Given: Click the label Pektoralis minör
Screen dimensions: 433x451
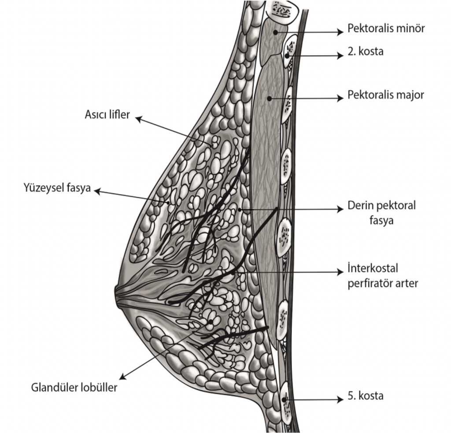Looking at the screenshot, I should click(386, 30).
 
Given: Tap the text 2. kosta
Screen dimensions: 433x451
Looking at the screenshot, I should click(366, 52).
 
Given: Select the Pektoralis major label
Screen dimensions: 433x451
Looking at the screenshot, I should click(386, 95).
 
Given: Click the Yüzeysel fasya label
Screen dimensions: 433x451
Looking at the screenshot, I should click(57, 189).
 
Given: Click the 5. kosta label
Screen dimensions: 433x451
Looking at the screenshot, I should click(366, 396).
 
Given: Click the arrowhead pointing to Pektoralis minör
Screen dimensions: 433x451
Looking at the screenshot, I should click(340, 32).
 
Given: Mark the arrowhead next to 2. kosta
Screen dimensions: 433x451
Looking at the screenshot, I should click(340, 56).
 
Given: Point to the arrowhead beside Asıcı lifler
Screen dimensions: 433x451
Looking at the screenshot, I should click(138, 118).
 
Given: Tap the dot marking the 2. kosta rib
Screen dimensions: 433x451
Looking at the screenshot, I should click(287, 56).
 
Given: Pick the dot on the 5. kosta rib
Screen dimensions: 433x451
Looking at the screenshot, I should click(285, 400).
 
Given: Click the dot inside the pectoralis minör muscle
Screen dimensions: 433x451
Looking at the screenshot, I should click(275, 32).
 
